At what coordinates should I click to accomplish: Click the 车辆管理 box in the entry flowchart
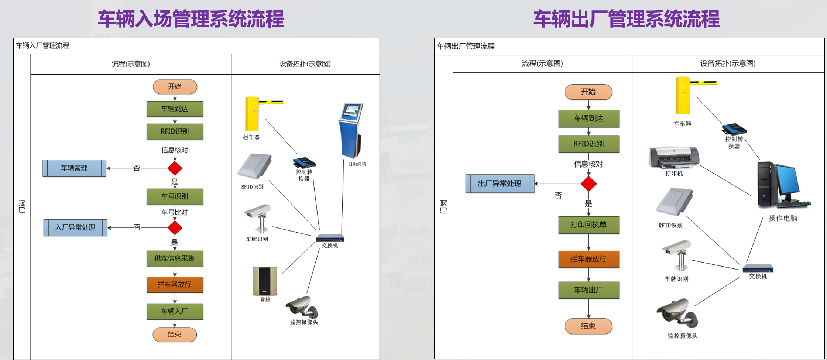[74, 168]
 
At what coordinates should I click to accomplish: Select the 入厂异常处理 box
[75, 228]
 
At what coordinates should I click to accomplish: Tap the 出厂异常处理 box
[500, 184]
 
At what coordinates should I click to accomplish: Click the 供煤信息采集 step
[175, 258]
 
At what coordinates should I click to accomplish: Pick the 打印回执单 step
[588, 225]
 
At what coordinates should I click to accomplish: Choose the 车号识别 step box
[175, 197]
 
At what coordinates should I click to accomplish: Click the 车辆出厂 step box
[588, 290]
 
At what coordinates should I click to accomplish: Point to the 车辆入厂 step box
[175, 312]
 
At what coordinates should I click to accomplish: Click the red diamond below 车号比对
[175, 228]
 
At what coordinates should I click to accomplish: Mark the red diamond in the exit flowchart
[588, 184]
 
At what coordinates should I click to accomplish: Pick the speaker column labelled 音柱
[265, 281]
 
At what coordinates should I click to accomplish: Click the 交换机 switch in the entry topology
[330, 238]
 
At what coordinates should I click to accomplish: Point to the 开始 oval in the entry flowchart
[175, 87]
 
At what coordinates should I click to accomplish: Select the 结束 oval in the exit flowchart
[588, 326]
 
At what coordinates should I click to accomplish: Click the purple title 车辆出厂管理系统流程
[626, 19]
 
